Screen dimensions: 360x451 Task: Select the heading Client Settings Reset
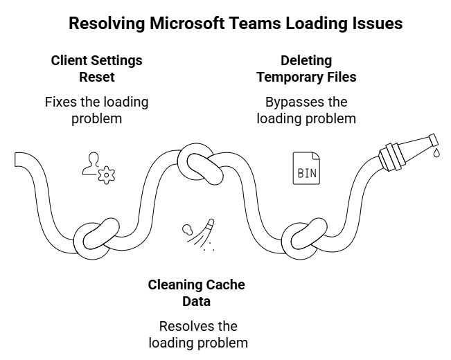(96, 69)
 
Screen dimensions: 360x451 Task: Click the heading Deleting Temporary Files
(306, 69)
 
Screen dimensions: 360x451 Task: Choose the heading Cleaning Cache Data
(196, 293)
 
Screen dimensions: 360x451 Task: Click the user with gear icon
(97, 168)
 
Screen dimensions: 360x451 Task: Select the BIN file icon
(306, 168)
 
